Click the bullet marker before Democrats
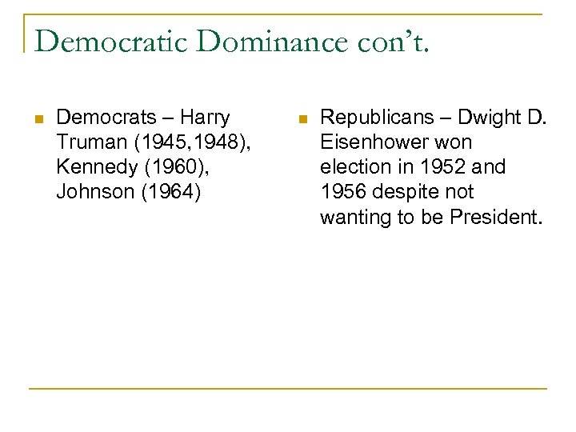point(38,118)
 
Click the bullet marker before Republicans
point(301,118)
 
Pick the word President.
point(495,217)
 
